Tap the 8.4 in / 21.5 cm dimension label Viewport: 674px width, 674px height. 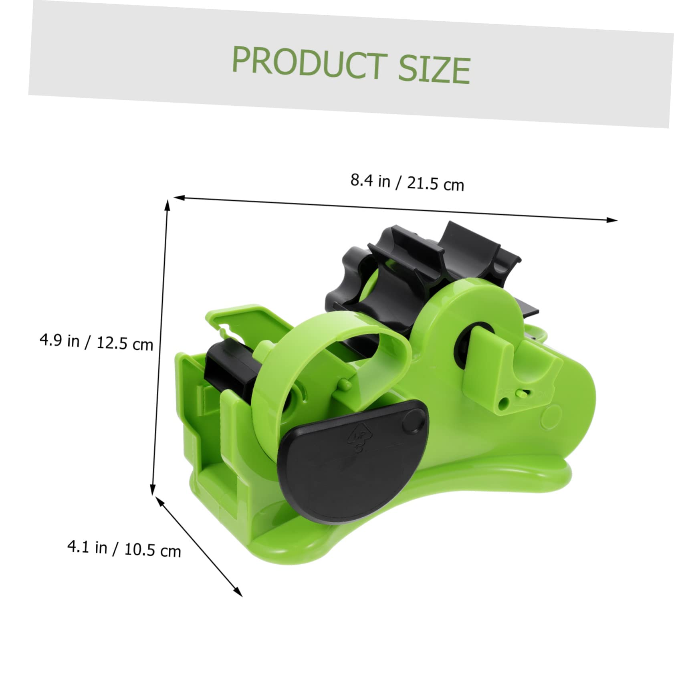coord(407,183)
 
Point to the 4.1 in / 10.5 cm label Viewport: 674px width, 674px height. coord(124,549)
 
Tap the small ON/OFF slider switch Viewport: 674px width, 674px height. coord(521,394)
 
